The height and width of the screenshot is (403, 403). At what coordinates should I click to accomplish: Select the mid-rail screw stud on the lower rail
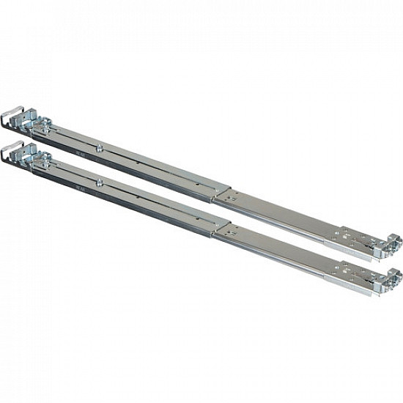coord(98,180)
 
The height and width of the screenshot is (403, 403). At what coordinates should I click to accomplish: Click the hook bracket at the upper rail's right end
coord(392,243)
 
